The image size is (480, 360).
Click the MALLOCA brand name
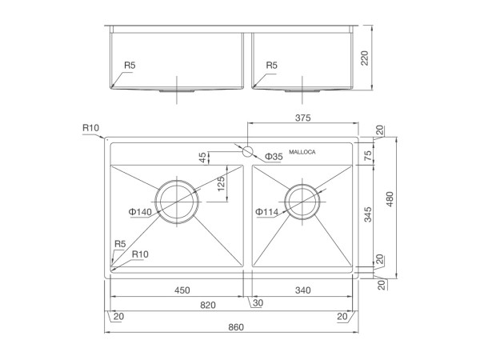302,152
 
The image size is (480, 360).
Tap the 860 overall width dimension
236,327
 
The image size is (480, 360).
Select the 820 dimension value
208,305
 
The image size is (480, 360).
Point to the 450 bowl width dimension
182,290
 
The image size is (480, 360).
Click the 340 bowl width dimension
302,290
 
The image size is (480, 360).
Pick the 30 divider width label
258,302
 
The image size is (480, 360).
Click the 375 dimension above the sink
302,118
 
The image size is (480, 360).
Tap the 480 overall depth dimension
390,199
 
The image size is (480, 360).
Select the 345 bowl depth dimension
368,214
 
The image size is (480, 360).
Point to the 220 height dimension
364,58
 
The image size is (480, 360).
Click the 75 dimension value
368,155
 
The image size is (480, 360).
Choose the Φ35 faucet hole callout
274,157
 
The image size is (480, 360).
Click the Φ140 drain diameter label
140,212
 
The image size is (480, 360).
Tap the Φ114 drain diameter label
266,212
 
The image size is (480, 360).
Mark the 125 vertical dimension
221,184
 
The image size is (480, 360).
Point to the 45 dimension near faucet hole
202,158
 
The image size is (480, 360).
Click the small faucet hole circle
247,151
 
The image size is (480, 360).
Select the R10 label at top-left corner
90,128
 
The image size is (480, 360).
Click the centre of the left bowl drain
177,202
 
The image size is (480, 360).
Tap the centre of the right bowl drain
302,202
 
